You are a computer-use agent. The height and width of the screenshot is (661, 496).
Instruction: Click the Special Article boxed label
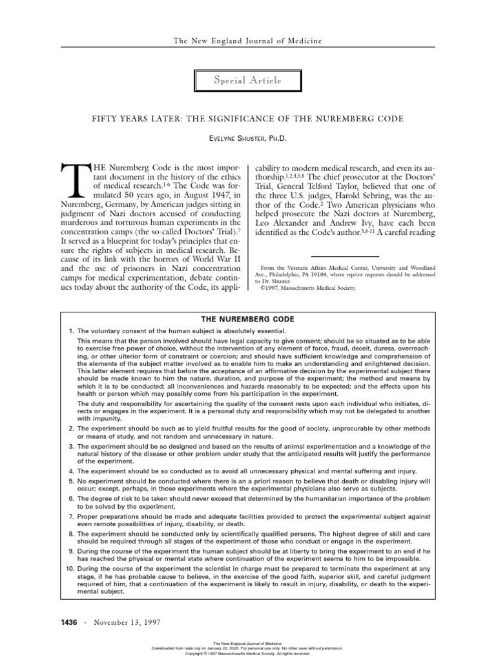(248, 80)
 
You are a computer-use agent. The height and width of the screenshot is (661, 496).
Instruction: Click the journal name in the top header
(248, 41)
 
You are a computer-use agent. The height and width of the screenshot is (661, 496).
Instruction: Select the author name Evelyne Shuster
(248, 139)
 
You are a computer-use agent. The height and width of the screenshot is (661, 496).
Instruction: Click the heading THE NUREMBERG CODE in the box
(248, 320)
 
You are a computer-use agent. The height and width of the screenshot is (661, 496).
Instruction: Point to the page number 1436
(68, 622)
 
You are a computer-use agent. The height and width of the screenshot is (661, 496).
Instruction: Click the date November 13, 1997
(127, 622)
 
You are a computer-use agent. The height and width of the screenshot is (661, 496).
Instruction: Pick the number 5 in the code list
(71, 481)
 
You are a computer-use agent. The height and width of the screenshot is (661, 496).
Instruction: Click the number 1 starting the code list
(71, 331)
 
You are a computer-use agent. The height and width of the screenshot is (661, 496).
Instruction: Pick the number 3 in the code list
(71, 446)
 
